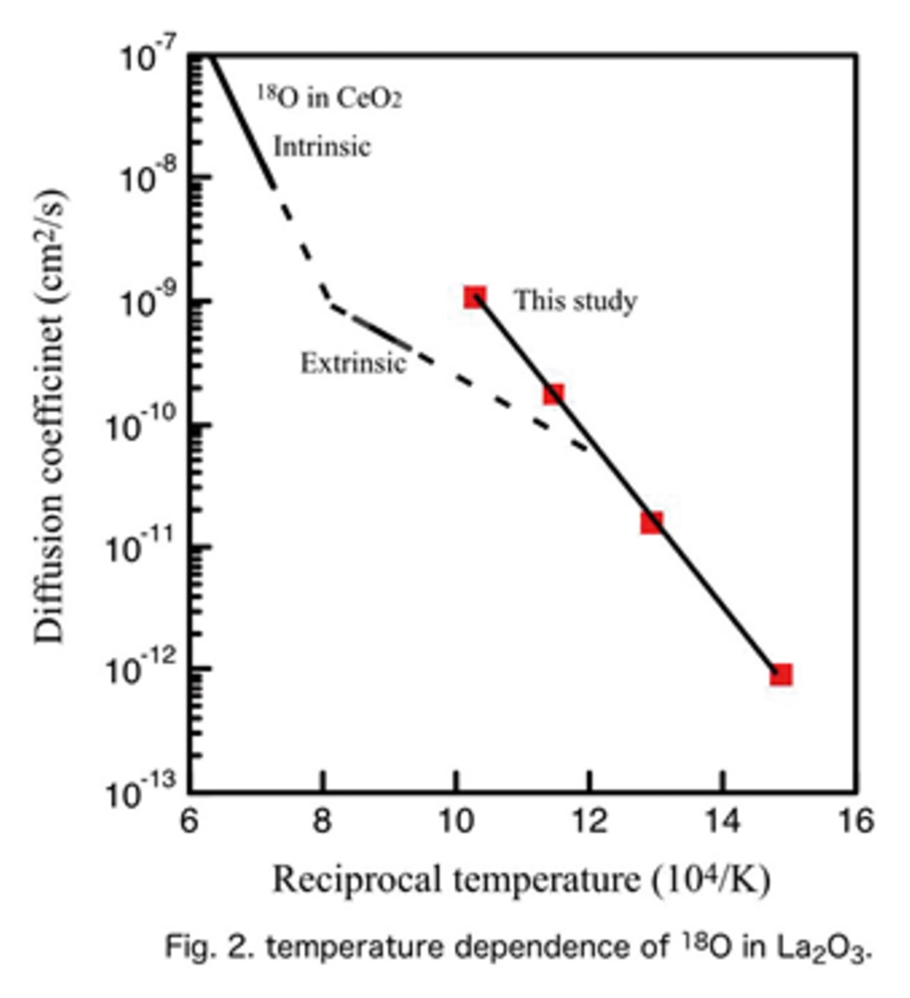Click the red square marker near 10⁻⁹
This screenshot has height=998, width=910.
(475, 297)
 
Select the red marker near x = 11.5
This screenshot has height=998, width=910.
(553, 394)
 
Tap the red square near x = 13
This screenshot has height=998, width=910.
(652, 522)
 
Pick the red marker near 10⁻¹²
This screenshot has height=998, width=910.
(781, 674)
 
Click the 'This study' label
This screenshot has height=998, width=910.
(574, 301)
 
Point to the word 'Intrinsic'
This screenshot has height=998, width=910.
(322, 147)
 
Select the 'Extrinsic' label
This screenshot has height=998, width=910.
(353, 362)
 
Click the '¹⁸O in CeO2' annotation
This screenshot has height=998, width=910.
(330, 98)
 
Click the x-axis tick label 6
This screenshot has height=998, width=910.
(188, 822)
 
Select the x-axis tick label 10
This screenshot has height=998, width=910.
(456, 822)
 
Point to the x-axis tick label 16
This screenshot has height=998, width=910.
(855, 822)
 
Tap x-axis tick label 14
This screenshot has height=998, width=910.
(722, 822)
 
